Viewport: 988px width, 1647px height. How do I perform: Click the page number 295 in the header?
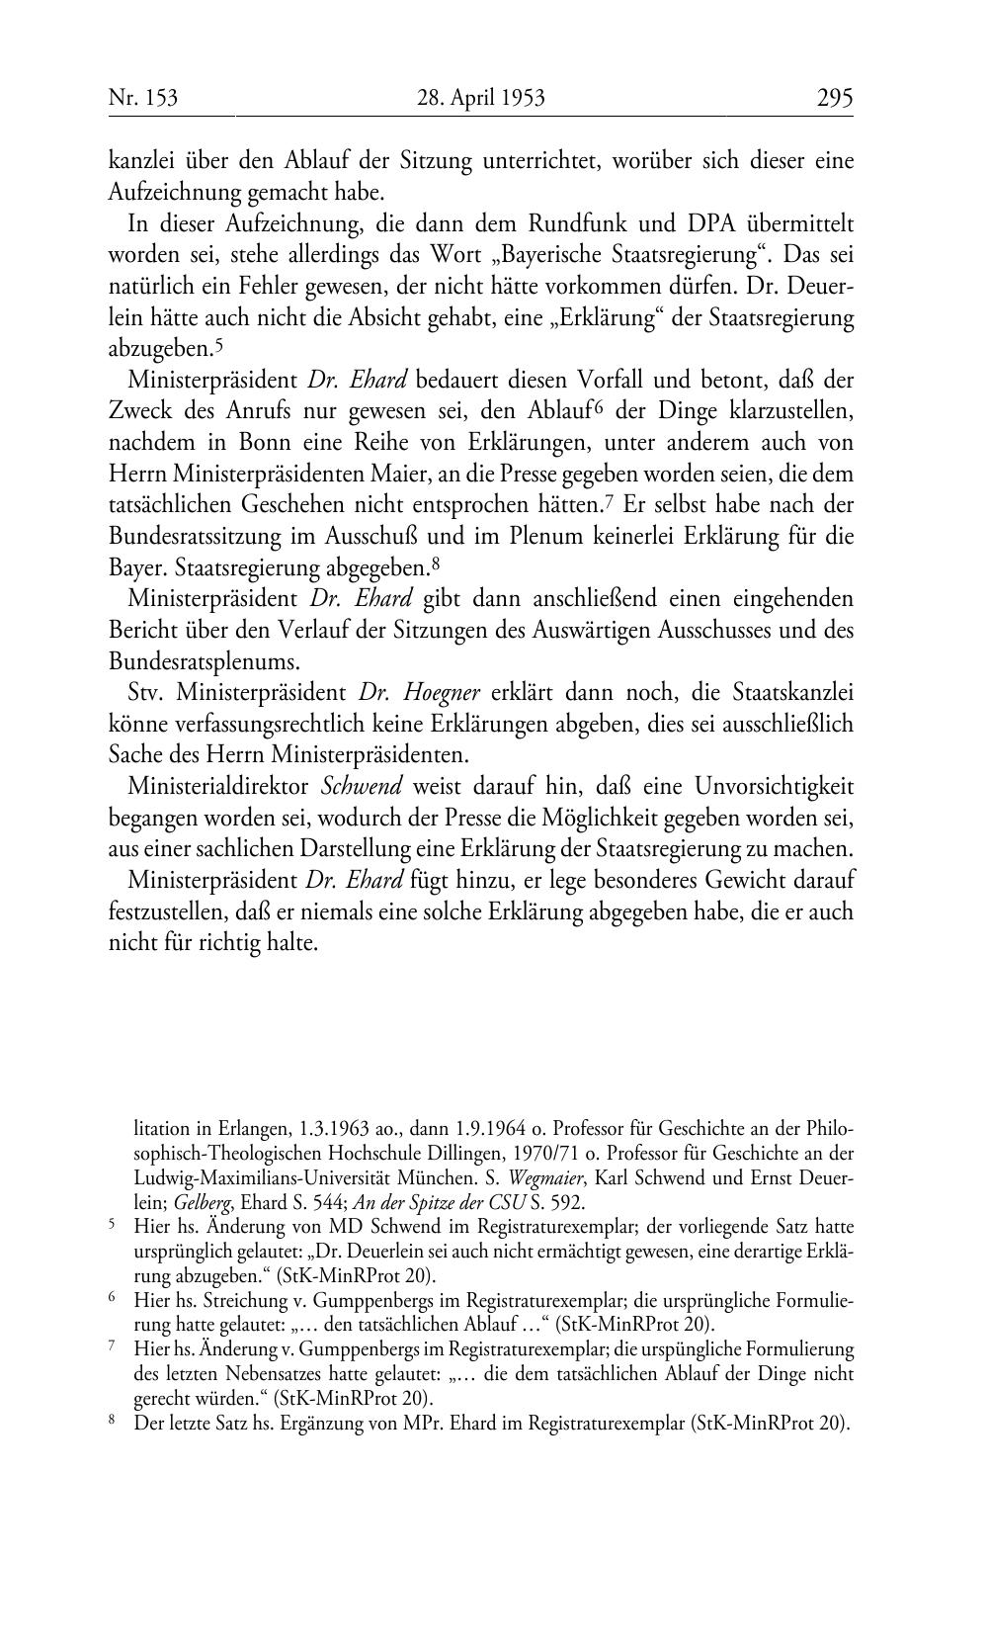click(x=834, y=98)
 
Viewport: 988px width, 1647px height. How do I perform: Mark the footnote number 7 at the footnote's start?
click(x=112, y=1347)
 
